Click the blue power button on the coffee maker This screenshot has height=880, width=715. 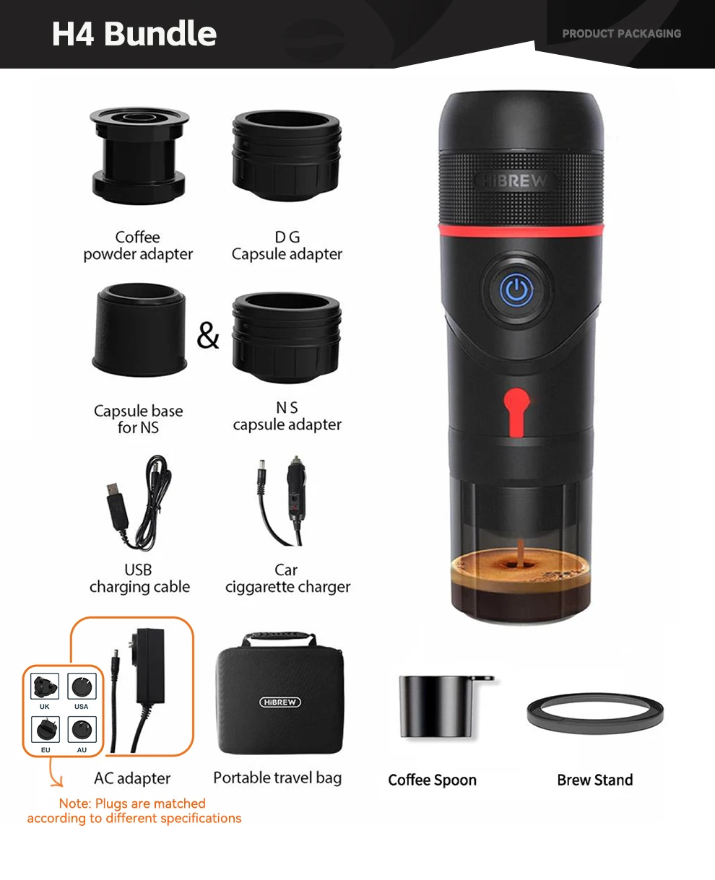(x=516, y=289)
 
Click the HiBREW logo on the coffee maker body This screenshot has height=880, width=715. (x=515, y=181)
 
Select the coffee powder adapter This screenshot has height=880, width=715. (x=139, y=155)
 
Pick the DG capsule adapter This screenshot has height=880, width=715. (x=287, y=155)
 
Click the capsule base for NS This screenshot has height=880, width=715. (x=139, y=329)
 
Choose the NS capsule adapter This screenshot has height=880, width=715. (x=287, y=338)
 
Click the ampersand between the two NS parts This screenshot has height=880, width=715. (x=208, y=335)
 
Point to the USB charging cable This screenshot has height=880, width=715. (x=139, y=502)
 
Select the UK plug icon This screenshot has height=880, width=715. (x=45, y=687)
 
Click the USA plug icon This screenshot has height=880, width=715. (x=82, y=687)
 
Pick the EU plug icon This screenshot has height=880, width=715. (x=45, y=729)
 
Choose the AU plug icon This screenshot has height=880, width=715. (x=82, y=729)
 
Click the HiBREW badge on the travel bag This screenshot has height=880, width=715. (x=280, y=702)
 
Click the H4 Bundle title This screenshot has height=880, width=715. (x=134, y=33)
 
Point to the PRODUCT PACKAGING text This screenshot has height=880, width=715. (x=622, y=33)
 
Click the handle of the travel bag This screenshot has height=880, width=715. (x=279, y=637)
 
